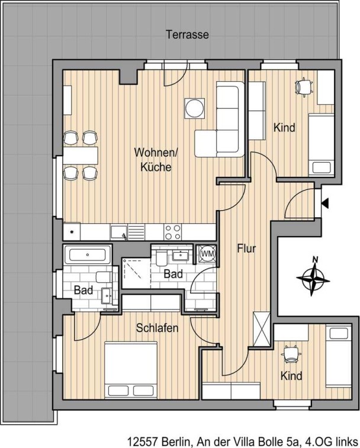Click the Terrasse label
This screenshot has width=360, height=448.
point(187,34)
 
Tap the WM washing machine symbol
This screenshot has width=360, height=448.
point(207,253)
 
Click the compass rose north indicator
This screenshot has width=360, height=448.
point(313,278)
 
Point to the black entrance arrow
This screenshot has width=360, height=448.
point(325,204)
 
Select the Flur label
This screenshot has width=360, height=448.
point(246,249)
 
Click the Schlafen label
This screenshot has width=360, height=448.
point(157,328)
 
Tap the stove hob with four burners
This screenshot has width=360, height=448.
point(173,232)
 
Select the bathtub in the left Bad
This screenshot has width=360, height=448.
point(88,254)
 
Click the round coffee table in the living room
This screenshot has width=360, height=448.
point(195,108)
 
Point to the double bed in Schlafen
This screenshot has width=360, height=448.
point(131,370)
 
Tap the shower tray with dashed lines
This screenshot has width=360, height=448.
point(136,273)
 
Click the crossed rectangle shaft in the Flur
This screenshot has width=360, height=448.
point(262,329)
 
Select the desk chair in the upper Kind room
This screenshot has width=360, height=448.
point(304,86)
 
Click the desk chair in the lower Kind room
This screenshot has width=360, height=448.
point(291,354)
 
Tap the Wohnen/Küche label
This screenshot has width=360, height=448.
point(156,159)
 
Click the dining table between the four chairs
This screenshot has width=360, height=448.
point(81,156)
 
